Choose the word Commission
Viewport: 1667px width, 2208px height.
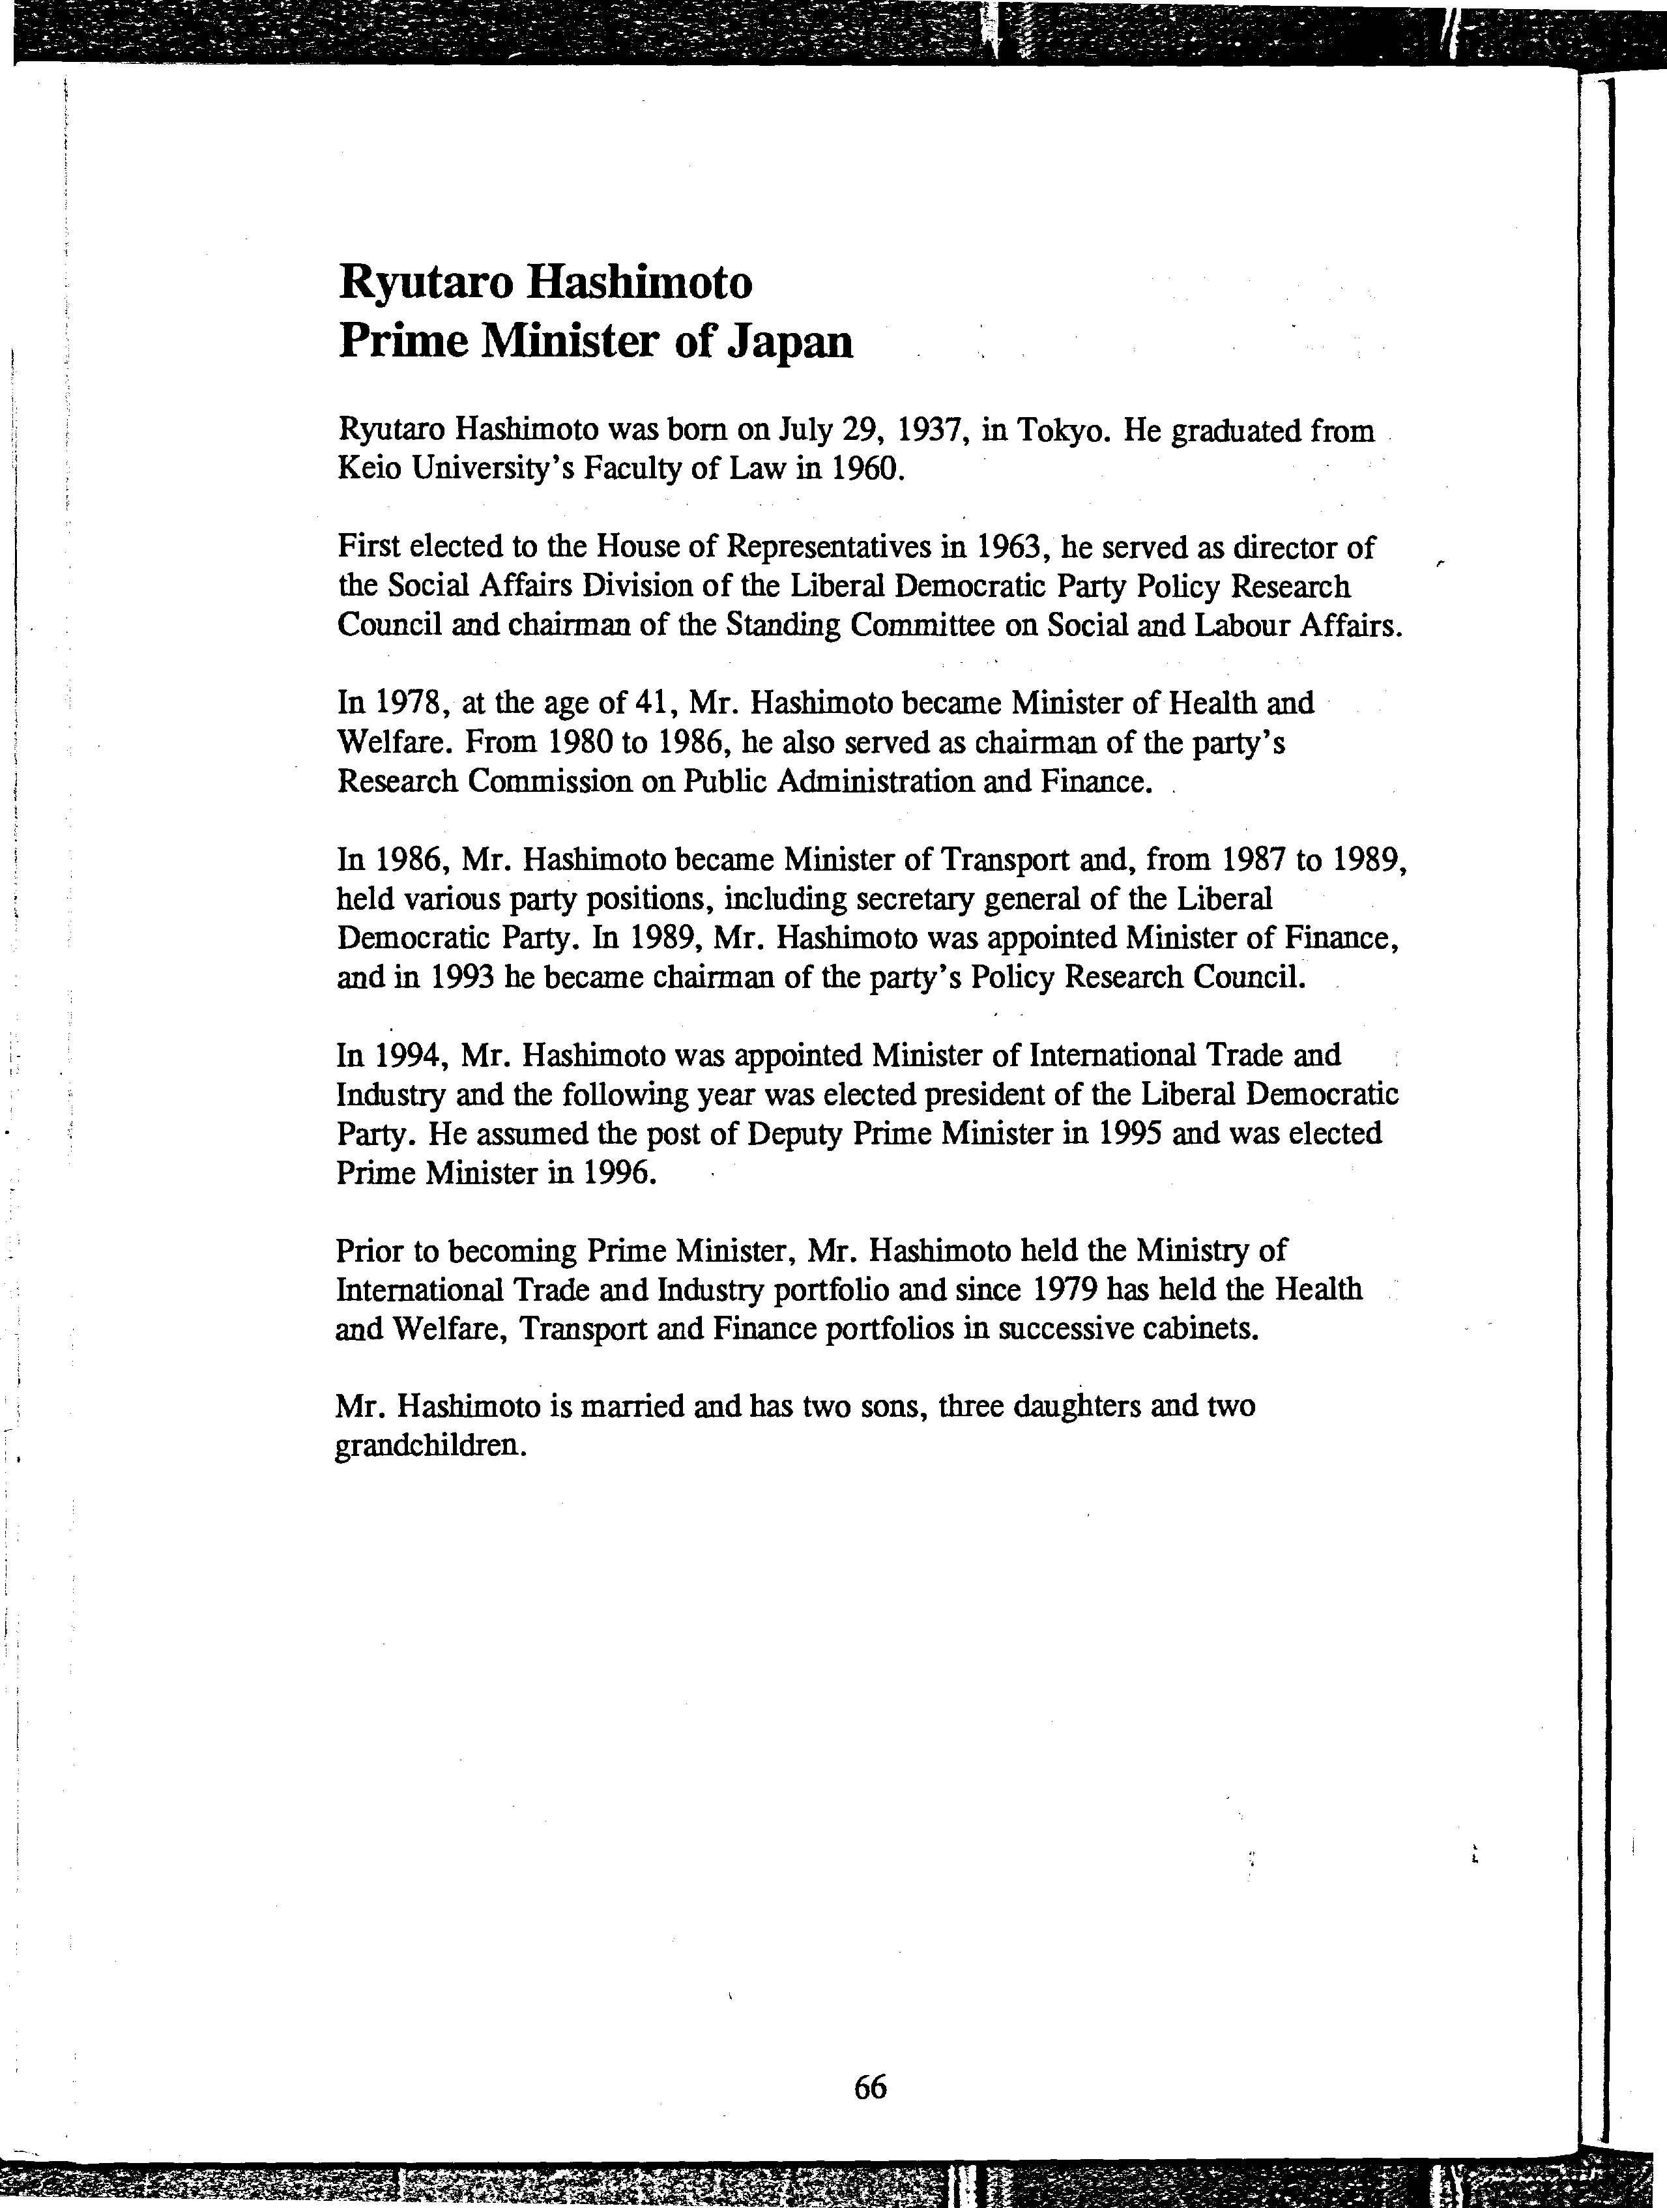(549, 781)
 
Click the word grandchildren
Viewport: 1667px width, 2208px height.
(429, 1446)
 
